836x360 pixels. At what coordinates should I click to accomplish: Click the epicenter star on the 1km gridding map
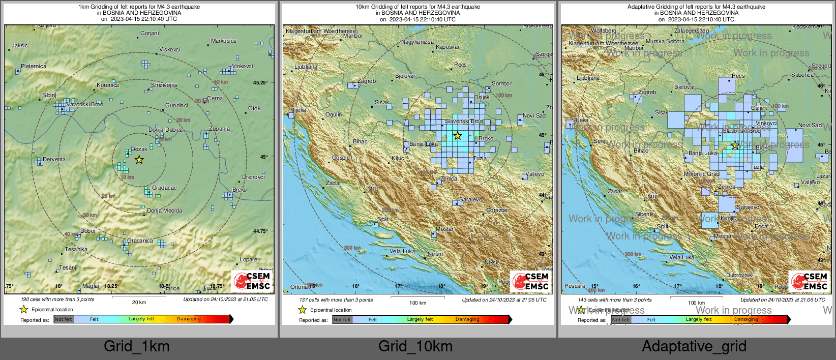click(x=139, y=160)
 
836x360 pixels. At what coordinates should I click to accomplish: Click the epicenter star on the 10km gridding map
click(x=457, y=135)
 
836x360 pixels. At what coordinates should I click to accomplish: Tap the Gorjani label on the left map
click(x=150, y=33)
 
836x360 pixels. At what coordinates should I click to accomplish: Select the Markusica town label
click(x=223, y=41)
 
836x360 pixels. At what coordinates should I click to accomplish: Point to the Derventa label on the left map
click(x=54, y=159)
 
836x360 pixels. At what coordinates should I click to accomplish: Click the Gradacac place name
click(x=164, y=188)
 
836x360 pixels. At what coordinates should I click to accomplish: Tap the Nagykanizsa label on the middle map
click(x=417, y=42)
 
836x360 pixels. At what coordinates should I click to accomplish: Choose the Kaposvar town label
click(x=447, y=47)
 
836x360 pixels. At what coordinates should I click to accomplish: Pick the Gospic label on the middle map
click(x=341, y=158)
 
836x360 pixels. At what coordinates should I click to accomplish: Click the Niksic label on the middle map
click(x=492, y=262)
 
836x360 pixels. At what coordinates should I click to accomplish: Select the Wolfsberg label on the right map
click(x=603, y=31)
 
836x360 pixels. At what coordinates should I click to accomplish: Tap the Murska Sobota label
click(x=665, y=41)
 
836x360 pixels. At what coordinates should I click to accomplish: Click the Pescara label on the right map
click(x=575, y=286)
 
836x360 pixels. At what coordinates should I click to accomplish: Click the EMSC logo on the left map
click(x=252, y=281)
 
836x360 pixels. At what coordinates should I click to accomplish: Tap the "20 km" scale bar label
click(x=139, y=302)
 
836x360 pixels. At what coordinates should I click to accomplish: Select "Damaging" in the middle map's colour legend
click(x=467, y=319)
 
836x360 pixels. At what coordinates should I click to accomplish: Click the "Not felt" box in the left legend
click(x=64, y=319)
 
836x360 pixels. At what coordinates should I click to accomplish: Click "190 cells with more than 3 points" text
click(x=57, y=299)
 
